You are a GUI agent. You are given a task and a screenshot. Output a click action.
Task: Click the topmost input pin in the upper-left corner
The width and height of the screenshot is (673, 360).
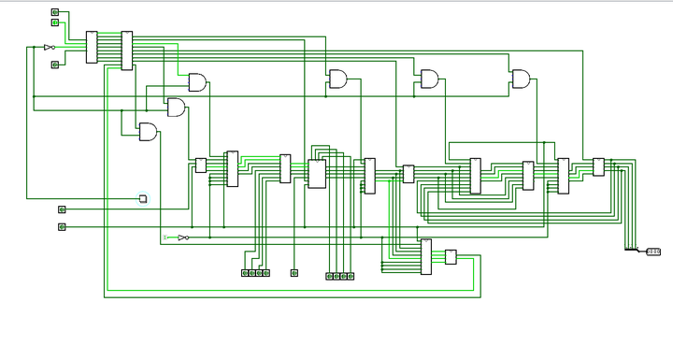(x=54, y=12)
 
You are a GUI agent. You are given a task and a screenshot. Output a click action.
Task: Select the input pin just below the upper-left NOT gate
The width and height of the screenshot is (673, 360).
(x=54, y=65)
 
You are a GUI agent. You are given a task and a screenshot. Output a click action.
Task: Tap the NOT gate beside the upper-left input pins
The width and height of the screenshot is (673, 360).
(x=50, y=47)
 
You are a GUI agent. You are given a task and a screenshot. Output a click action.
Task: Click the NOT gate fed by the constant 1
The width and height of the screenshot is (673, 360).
(x=182, y=238)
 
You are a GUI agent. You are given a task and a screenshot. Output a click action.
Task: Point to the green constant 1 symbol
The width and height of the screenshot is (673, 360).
(x=166, y=238)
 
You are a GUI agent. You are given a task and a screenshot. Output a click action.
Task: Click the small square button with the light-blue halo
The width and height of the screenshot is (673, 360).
(x=143, y=198)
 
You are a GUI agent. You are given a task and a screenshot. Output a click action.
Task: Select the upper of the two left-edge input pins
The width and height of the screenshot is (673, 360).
(x=62, y=209)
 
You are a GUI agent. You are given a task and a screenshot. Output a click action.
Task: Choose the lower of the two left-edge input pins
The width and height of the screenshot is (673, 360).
(x=62, y=226)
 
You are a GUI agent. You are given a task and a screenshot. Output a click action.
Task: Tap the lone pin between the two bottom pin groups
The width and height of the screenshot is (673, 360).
(x=294, y=273)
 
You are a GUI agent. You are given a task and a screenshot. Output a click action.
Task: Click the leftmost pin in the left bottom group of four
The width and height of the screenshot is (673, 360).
(x=245, y=273)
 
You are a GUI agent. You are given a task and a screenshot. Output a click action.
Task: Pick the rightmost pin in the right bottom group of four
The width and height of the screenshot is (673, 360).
(x=351, y=276)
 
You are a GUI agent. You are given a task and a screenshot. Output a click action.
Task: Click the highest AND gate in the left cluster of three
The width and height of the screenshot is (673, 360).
(x=197, y=82)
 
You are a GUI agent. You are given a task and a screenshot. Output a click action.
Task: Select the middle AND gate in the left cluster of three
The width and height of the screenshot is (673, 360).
(x=176, y=108)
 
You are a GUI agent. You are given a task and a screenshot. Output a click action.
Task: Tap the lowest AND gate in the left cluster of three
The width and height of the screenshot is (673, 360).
(x=148, y=132)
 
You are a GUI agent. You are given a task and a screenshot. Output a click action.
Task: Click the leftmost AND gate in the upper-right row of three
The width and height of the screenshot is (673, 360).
(x=336, y=79)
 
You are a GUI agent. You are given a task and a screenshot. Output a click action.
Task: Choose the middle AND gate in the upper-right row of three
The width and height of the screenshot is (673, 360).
(x=429, y=79)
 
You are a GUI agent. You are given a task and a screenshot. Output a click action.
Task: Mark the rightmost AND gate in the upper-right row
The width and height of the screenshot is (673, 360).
(x=520, y=79)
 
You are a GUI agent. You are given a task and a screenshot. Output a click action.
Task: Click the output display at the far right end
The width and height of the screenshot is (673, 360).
(x=653, y=251)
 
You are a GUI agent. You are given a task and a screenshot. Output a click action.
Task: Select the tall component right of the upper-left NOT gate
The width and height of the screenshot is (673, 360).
(x=92, y=47)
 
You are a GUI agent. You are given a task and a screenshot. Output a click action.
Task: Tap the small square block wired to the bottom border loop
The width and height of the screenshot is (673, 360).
(x=451, y=257)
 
